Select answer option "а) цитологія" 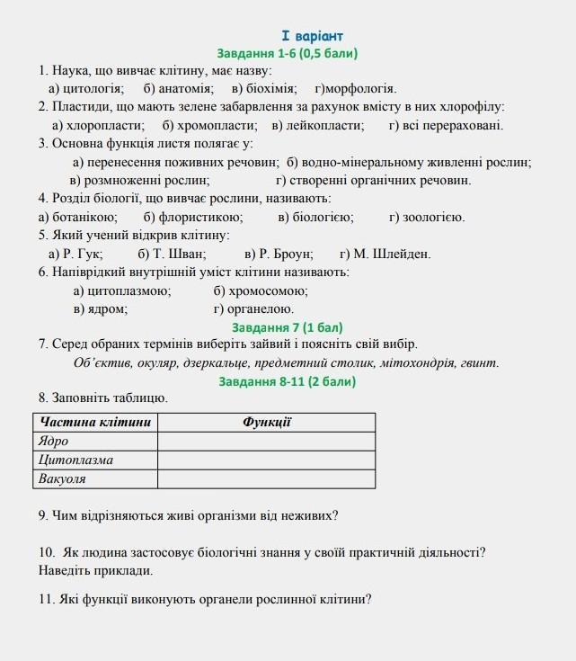tap(86, 88)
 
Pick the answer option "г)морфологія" tap(355, 88)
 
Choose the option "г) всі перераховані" tap(446, 125)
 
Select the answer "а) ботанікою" tap(77, 217)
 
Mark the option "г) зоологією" tap(427, 217)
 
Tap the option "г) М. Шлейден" tap(385, 254)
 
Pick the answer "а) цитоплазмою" tap(122, 290)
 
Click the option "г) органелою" tap(254, 308)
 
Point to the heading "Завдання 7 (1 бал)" tap(288, 327)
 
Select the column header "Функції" tap(267, 422)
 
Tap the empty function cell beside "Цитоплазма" tap(267, 460)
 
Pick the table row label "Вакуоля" tap(62, 478)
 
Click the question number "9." tap(44, 515)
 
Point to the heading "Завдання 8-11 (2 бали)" tap(288, 381)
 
